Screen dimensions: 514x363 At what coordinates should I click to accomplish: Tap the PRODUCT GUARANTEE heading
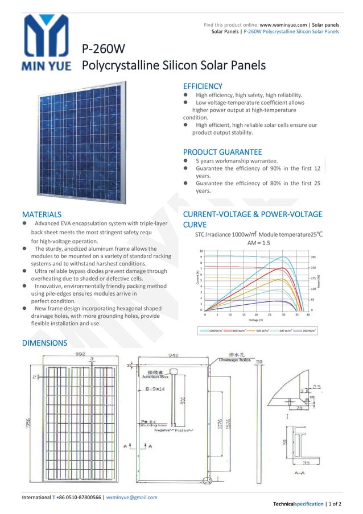[222, 152]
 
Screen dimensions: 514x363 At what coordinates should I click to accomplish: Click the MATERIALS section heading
[42, 214]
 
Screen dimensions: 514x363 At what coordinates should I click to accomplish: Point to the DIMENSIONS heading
[44, 343]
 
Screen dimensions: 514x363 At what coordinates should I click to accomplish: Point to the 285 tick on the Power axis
[313, 257]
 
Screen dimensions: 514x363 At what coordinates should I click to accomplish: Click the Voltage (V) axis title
[257, 321]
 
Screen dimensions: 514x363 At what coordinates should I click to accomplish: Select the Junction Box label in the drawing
[155, 376]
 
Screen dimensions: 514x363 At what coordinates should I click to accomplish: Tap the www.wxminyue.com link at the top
[284, 25]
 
